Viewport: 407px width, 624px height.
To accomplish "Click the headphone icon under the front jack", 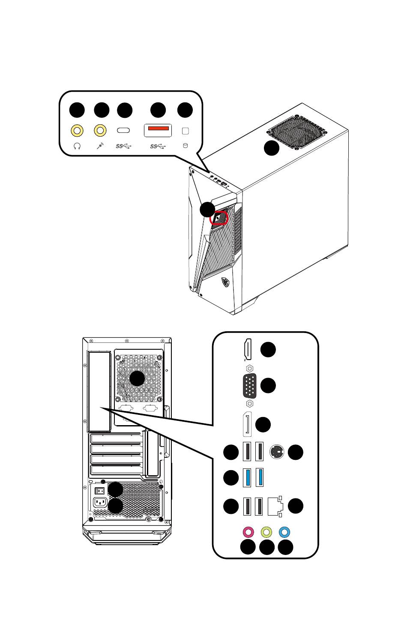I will tap(77, 146).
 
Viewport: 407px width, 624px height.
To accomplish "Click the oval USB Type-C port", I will tap(124, 130).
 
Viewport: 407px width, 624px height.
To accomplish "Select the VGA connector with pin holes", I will tap(249, 386).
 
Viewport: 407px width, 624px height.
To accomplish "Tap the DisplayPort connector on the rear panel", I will tap(247, 425).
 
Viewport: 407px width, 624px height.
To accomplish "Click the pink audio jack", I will tap(248, 532).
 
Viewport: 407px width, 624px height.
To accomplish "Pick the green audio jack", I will tap(266, 532).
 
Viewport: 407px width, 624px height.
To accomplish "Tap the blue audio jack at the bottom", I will tap(285, 532).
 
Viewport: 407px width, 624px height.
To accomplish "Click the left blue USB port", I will tap(247, 478).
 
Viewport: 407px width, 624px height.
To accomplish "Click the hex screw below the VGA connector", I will tap(250, 403).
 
